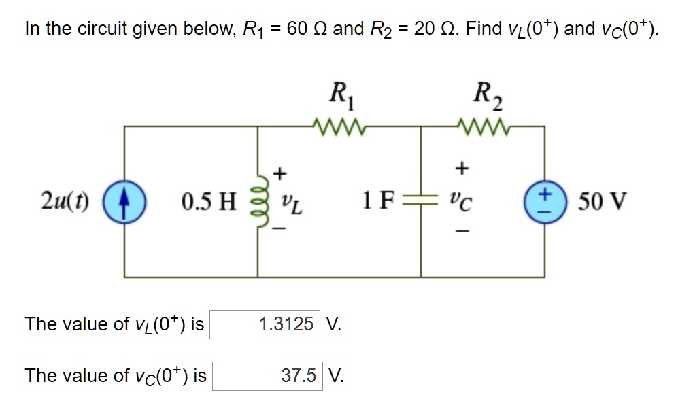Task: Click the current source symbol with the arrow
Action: tap(123, 202)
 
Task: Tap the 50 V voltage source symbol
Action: tap(543, 202)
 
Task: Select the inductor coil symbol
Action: tap(258, 202)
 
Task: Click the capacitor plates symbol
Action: tap(421, 202)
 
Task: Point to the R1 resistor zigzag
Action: tap(338, 126)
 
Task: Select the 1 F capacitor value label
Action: tap(377, 202)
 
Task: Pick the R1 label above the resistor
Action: tap(338, 93)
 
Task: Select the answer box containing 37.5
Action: tap(267, 376)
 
